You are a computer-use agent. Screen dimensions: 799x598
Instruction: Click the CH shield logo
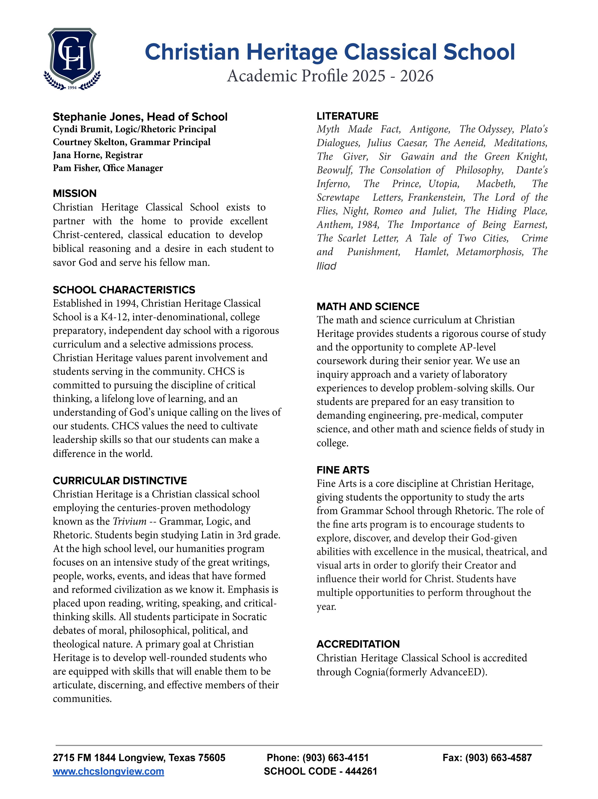(x=72, y=55)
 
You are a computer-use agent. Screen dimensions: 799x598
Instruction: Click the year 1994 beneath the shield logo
(x=72, y=88)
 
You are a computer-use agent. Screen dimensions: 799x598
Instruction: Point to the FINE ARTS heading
(x=343, y=470)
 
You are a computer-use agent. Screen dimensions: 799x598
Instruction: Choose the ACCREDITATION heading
(x=358, y=644)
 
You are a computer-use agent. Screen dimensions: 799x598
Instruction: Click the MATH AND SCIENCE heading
(x=368, y=306)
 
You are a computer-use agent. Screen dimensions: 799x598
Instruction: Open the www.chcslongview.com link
(x=108, y=772)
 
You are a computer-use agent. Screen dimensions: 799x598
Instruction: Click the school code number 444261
(x=361, y=772)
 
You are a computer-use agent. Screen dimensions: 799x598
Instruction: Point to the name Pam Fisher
(x=76, y=168)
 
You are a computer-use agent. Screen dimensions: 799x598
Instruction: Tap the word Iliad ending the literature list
(x=326, y=266)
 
